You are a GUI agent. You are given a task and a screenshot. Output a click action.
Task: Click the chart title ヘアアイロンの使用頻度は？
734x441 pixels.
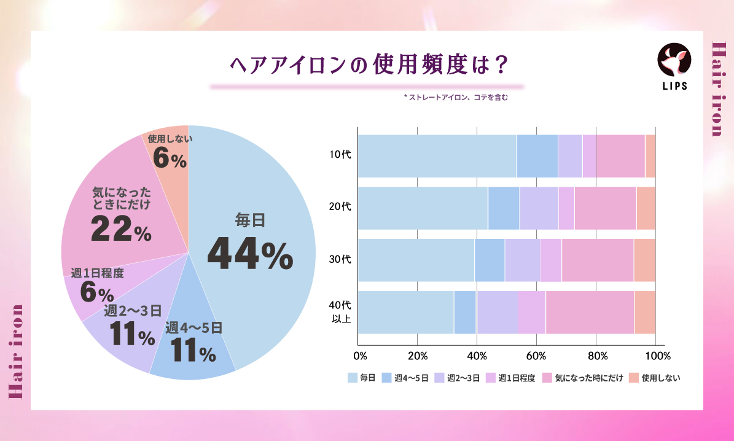pos(367,64)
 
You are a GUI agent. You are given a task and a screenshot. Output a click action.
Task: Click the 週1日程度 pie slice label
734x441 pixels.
pos(97,273)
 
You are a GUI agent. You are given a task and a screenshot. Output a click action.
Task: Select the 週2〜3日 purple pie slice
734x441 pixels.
pos(123,332)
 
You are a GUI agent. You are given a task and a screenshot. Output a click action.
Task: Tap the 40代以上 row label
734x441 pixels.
pos(340,312)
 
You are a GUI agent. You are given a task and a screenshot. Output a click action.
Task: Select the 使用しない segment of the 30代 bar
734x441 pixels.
pos(644,260)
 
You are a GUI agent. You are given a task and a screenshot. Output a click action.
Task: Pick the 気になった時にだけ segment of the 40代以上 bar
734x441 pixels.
pos(590,312)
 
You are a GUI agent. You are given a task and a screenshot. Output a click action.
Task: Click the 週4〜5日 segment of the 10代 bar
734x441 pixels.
pos(537,155)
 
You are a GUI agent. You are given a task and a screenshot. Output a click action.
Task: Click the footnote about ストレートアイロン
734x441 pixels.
pos(456,97)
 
